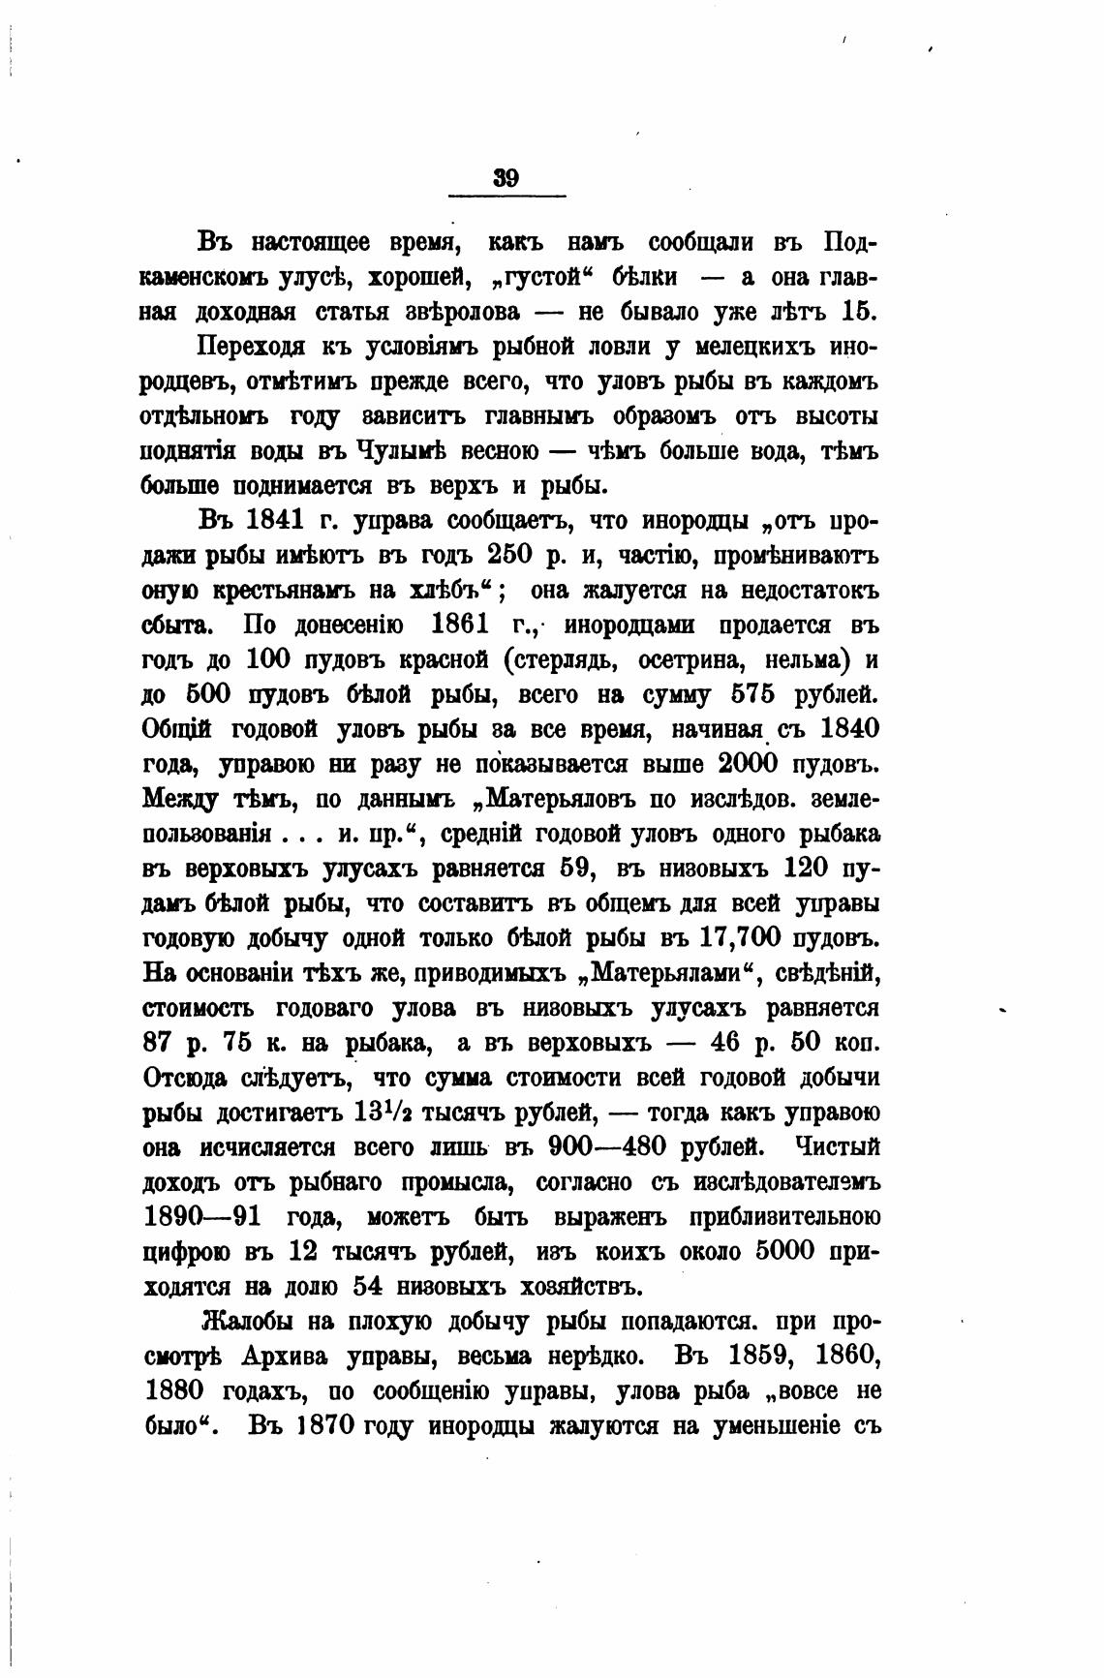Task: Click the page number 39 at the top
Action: click(506, 177)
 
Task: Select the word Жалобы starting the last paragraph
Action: click(246, 1322)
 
